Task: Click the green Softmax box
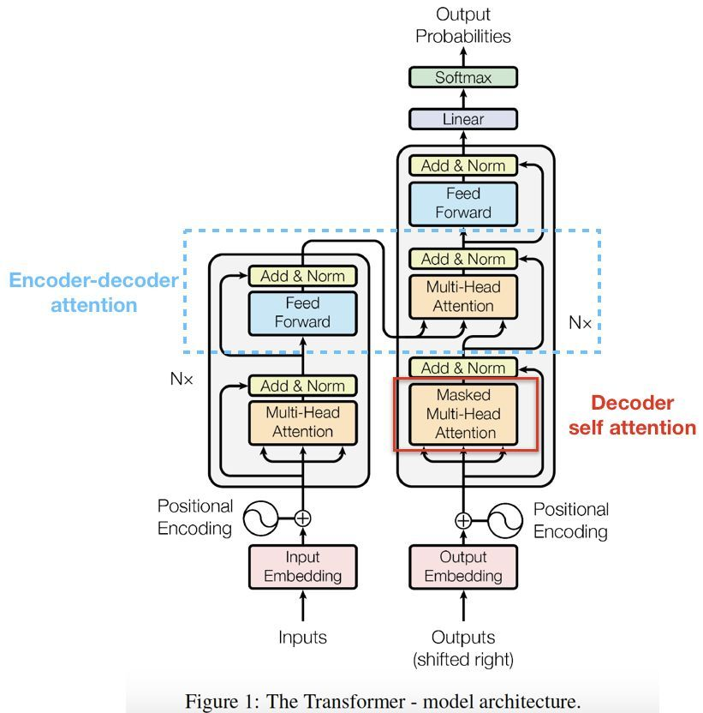click(463, 77)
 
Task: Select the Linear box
click(463, 119)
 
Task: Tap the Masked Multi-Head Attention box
click(463, 414)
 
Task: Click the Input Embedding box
click(302, 566)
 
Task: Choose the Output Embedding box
click(463, 566)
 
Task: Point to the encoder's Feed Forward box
click(302, 313)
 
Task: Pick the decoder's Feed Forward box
click(463, 204)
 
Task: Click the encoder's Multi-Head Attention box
click(302, 422)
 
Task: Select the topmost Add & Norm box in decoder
click(463, 165)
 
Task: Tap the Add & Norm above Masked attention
click(463, 368)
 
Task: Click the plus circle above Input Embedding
click(302, 518)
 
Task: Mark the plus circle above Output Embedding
click(463, 521)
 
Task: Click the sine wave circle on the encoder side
click(260, 518)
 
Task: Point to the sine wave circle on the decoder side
click(505, 521)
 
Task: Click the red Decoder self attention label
click(632, 415)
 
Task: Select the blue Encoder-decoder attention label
click(93, 292)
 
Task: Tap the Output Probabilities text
click(463, 26)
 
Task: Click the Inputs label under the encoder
click(302, 638)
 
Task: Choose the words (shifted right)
click(463, 659)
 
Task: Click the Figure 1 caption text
click(383, 701)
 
